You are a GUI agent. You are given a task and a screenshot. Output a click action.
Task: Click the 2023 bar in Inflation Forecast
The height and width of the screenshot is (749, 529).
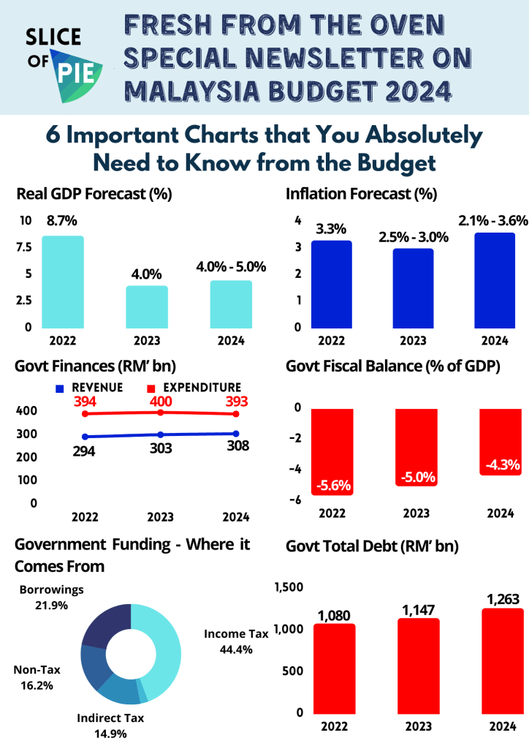413,288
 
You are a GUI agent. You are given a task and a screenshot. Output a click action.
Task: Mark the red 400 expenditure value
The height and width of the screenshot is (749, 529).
160,402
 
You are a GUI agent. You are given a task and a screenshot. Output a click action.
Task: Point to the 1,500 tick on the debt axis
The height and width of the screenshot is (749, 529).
288,587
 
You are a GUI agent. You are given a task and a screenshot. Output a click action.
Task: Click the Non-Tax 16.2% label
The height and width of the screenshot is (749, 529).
36,677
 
